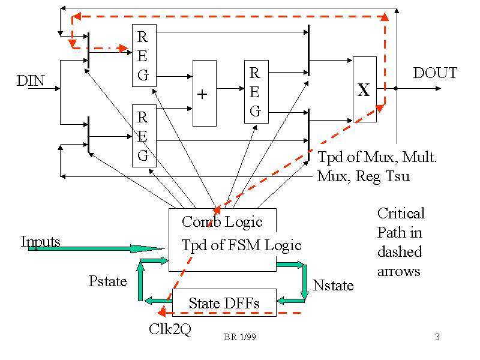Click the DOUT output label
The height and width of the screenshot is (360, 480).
pos(435,73)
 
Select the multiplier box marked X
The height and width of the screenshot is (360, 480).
pos(364,90)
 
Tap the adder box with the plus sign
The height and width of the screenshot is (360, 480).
pos(204,94)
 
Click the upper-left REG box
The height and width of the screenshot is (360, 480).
pos(143,55)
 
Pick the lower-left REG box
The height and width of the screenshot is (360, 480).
pos(143,136)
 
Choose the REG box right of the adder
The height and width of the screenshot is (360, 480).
pos(256,92)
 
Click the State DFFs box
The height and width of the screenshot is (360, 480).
pos(224,303)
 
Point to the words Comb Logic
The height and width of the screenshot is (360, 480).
pos(222,221)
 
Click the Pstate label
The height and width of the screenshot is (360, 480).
pos(108,280)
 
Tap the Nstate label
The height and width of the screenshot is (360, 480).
pos(333,285)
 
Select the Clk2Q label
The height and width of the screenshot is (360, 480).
pos(170,329)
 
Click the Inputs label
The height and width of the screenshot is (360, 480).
pos(41,241)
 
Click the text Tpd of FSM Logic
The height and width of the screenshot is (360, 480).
pos(241,245)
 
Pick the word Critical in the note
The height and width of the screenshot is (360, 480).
pos(401,213)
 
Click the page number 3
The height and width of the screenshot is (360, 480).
pos(437,337)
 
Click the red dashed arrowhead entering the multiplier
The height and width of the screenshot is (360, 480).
pos(380,109)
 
